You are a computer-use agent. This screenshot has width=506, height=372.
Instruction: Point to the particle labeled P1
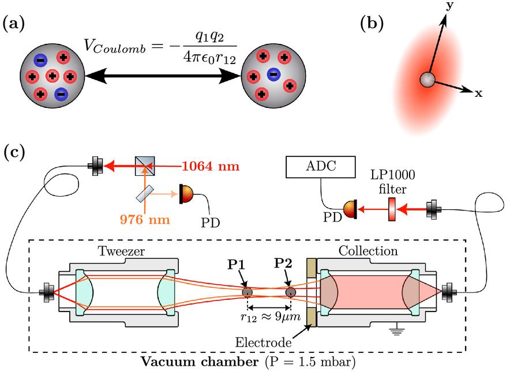[x=247, y=292]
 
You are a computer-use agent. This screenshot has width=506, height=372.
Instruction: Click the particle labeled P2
[x=290, y=292]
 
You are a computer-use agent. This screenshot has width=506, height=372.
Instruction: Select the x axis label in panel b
[x=478, y=93]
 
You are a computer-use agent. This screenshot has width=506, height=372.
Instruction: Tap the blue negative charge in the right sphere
[x=273, y=74]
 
